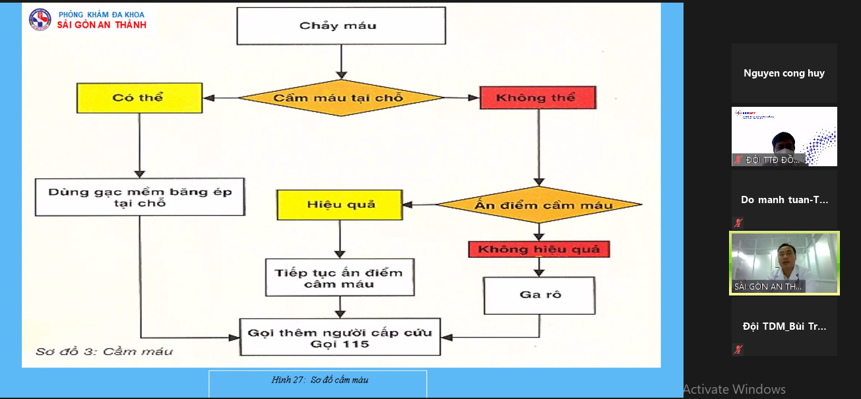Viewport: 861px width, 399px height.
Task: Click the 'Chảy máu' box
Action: [338, 26]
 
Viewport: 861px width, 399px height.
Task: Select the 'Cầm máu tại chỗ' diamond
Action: [340, 98]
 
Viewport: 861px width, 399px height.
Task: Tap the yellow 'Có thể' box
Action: [139, 98]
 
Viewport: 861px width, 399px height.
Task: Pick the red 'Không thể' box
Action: [537, 98]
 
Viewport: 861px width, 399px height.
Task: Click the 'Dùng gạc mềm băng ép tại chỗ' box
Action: [139, 197]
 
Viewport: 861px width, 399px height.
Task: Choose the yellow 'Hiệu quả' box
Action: [339, 204]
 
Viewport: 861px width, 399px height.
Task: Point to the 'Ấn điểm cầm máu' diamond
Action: [540, 205]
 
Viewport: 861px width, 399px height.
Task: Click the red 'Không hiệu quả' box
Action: [539, 249]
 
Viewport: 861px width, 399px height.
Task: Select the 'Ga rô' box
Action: [539, 295]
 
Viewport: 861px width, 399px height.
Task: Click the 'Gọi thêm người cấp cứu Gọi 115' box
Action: [340, 338]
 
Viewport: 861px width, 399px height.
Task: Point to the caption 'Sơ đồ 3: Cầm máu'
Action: [105, 351]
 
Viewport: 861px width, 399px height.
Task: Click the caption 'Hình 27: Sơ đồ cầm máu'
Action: [319, 380]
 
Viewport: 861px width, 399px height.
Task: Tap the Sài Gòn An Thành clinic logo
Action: [40, 19]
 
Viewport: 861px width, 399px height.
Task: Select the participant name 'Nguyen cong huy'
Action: [784, 73]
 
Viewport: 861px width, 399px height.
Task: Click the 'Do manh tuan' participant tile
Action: [784, 200]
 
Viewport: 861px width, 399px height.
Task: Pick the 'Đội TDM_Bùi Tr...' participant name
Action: [784, 326]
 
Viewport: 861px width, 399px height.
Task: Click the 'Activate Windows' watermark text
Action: [734, 389]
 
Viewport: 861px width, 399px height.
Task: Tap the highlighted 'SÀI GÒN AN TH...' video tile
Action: [784, 262]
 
